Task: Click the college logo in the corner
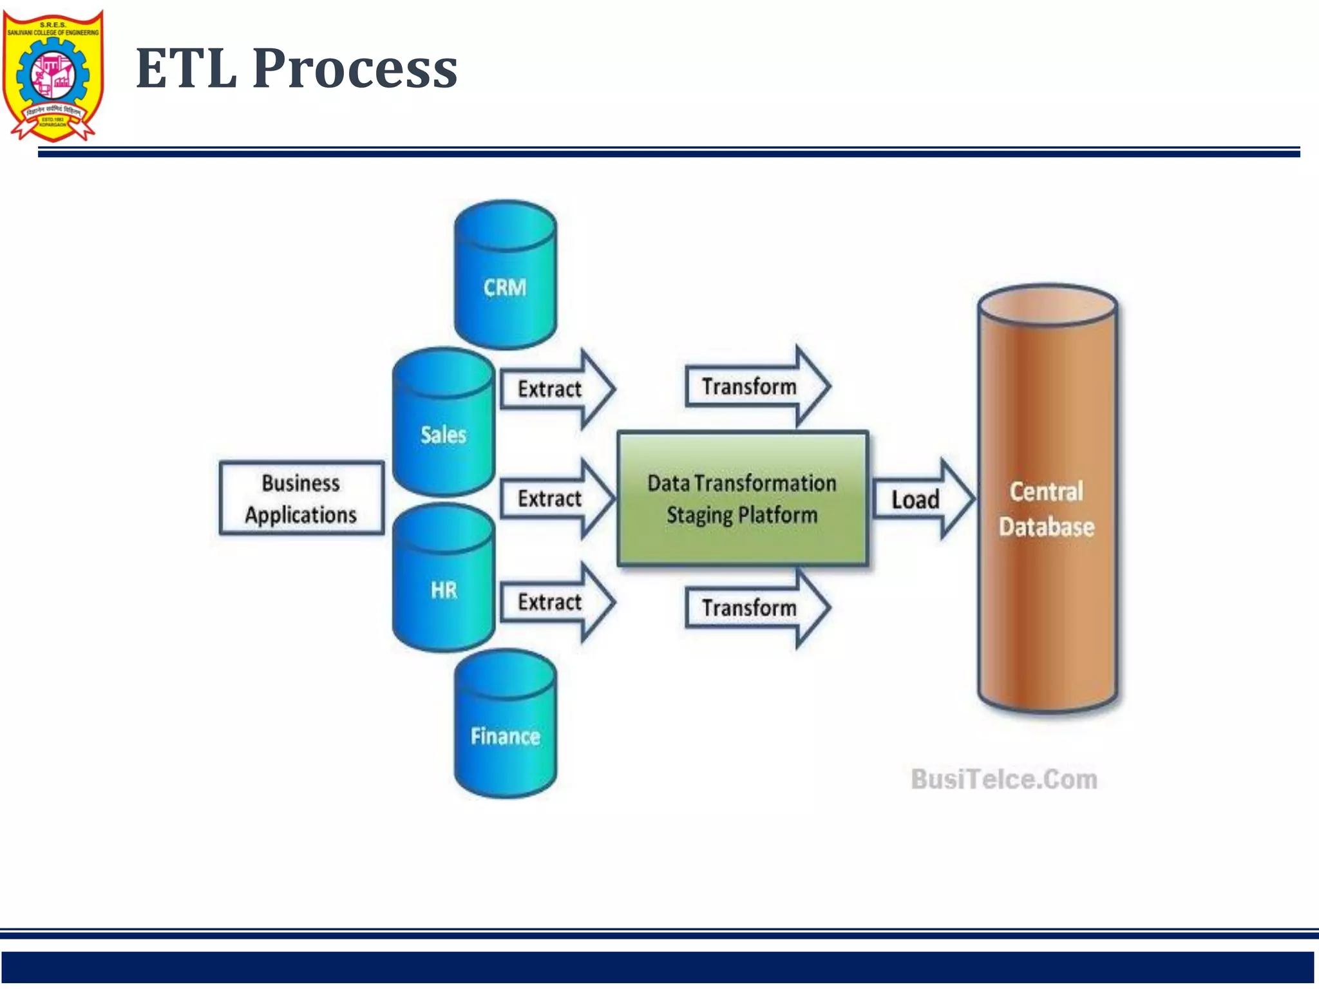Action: [x=53, y=75]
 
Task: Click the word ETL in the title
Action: [x=186, y=68]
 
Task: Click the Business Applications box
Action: [x=301, y=498]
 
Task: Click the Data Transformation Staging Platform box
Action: [x=742, y=498]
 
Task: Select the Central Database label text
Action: [x=1047, y=509]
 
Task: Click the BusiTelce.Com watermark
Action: [x=1004, y=779]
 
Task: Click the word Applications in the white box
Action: [x=301, y=515]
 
